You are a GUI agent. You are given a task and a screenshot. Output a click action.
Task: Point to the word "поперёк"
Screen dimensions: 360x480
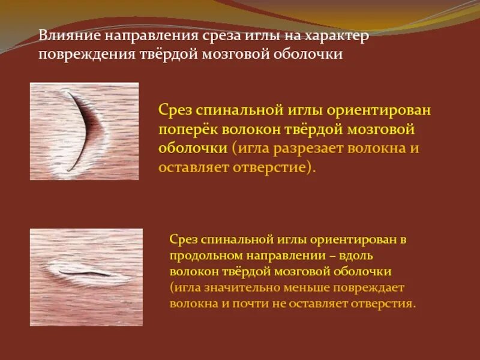click(x=188, y=129)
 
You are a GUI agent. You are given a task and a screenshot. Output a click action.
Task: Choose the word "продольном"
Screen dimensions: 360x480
click(x=208, y=255)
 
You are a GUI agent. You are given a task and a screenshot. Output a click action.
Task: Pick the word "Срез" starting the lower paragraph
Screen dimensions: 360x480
click(x=182, y=239)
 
